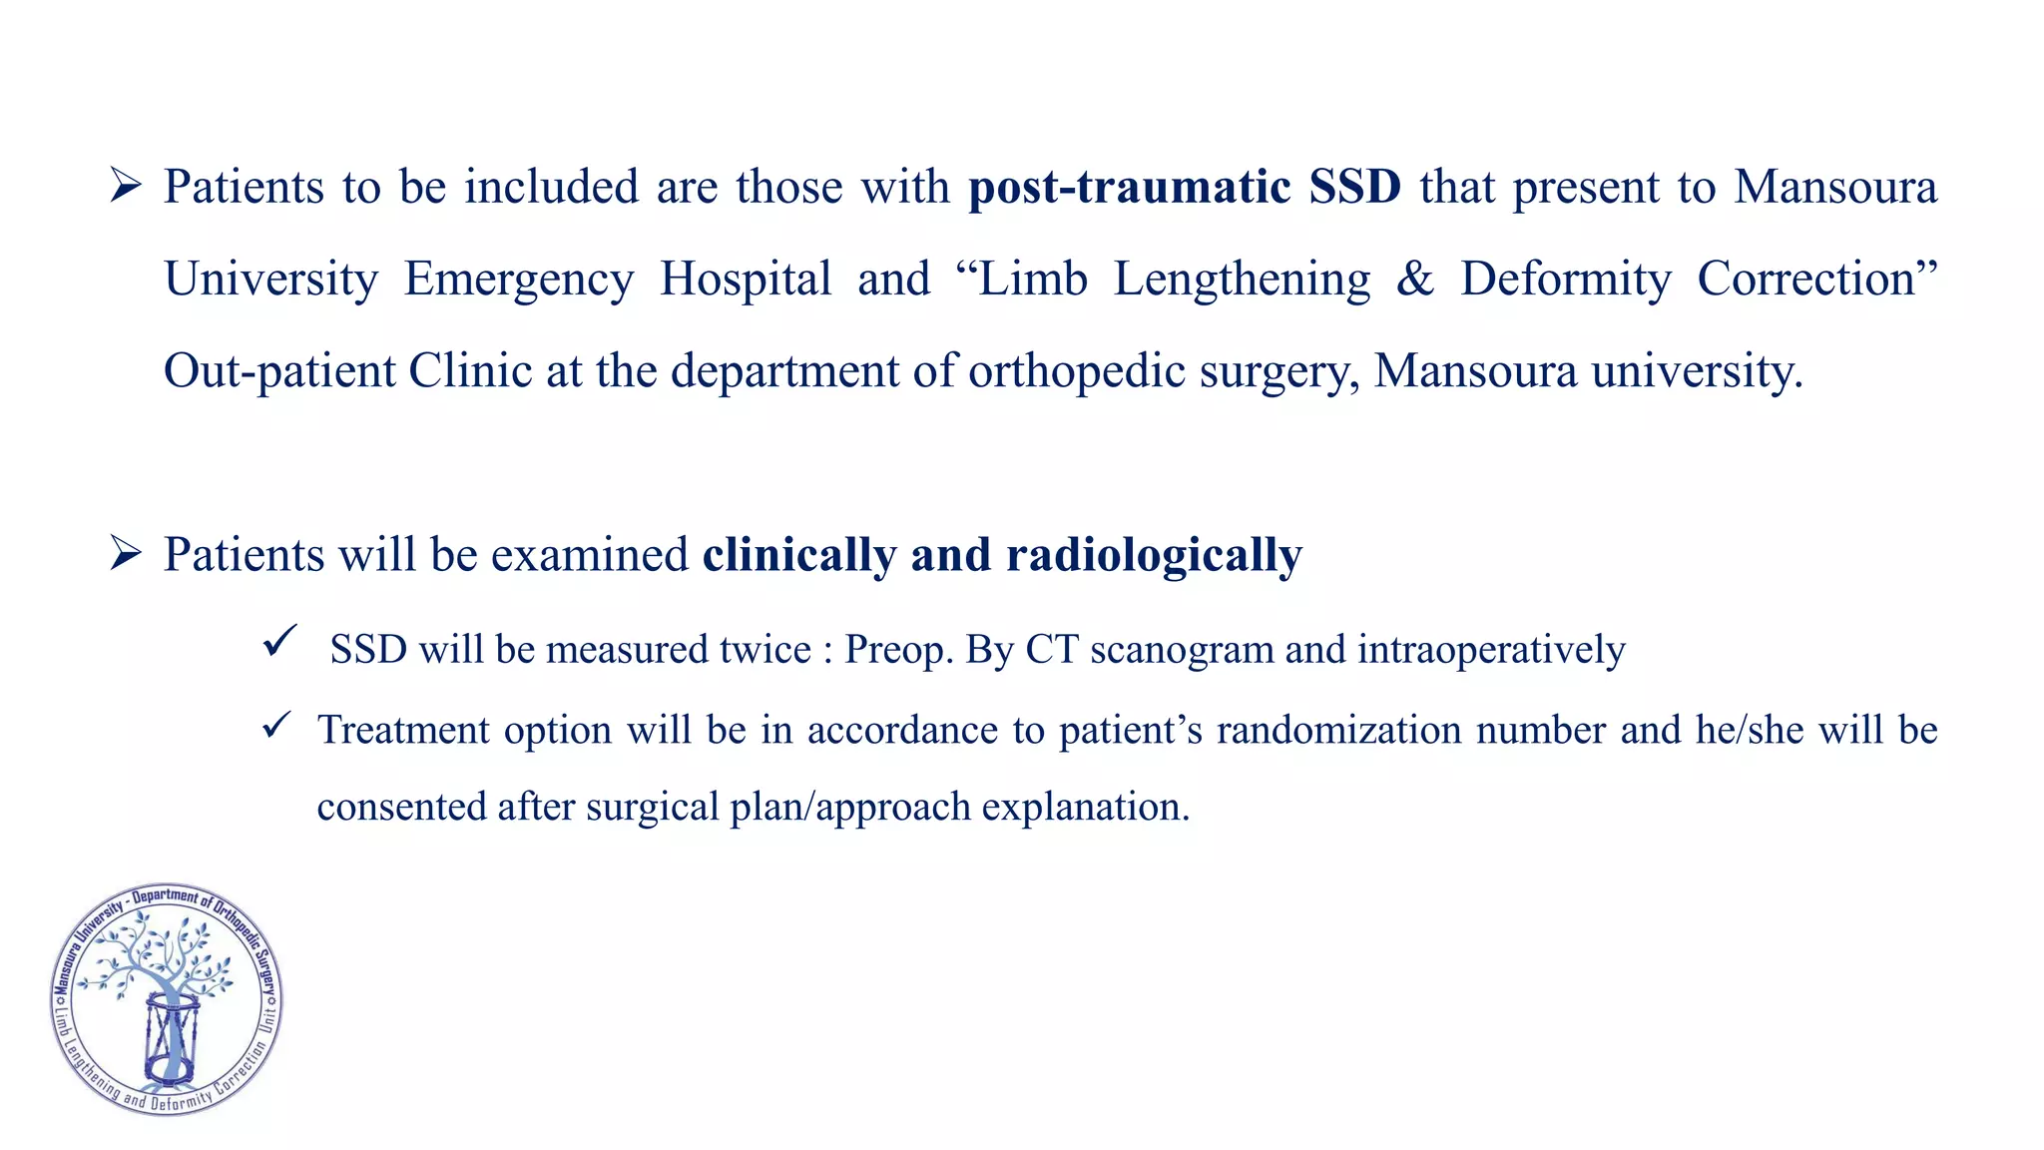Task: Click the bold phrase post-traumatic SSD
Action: (x=1185, y=188)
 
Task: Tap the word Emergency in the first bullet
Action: (x=519, y=280)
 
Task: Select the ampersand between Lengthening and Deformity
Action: (x=1414, y=280)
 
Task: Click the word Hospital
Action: (x=746, y=280)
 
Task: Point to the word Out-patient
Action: (x=279, y=371)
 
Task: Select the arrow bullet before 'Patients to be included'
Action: (x=126, y=186)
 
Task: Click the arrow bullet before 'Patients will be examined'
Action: (x=126, y=553)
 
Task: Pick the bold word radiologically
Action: (x=1154, y=555)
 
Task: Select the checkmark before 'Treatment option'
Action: (x=276, y=726)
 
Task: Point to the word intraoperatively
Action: (x=1491, y=651)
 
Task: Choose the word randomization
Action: (x=1340, y=731)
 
